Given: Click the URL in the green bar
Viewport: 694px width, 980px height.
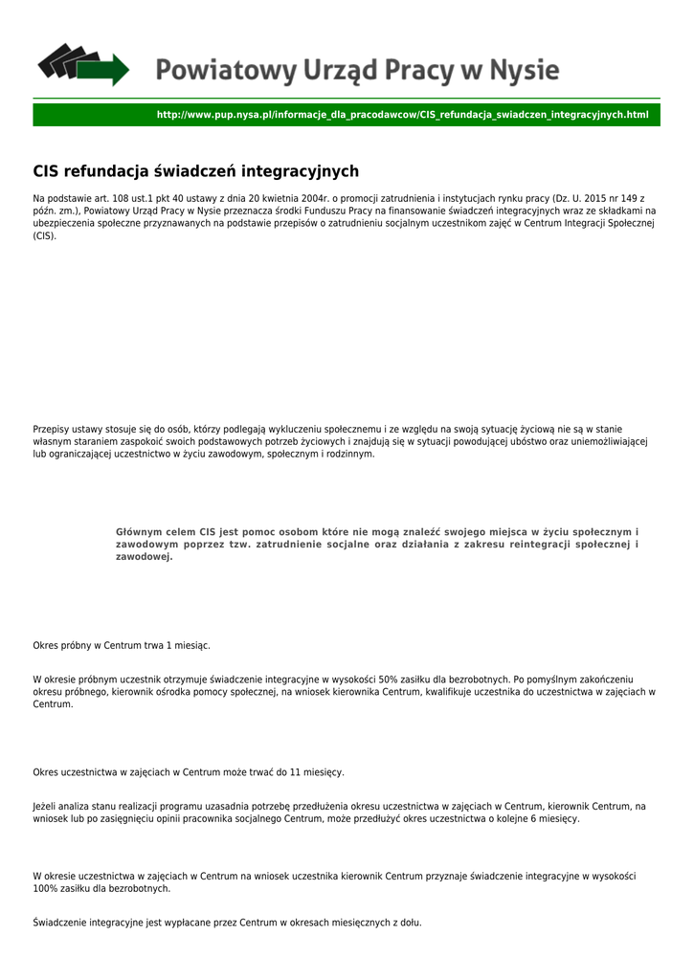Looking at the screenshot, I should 402,115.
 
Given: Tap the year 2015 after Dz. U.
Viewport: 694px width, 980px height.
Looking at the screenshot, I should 594,198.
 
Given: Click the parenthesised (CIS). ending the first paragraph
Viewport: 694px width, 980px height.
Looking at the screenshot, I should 45,235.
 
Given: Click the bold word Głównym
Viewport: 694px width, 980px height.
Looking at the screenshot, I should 141,531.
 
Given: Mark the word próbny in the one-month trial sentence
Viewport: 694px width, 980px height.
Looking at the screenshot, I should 79,646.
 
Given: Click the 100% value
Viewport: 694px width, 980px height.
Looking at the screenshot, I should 45,889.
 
